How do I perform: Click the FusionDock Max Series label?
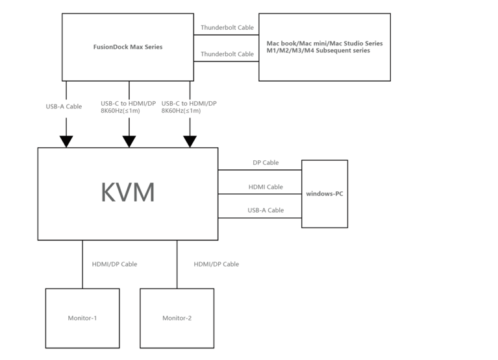pyautogui.click(x=127, y=47)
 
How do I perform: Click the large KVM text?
pyautogui.click(x=128, y=193)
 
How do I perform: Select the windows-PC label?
pyautogui.click(x=324, y=193)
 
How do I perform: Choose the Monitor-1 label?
pyautogui.click(x=82, y=318)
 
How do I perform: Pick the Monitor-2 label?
pyautogui.click(x=177, y=318)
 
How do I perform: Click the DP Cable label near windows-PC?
pyautogui.click(x=266, y=163)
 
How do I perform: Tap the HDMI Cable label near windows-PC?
pyautogui.click(x=266, y=187)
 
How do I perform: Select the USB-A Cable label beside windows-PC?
pyautogui.click(x=266, y=210)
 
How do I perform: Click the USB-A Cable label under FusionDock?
pyautogui.click(x=64, y=106)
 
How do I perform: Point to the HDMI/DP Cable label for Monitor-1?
pyautogui.click(x=114, y=264)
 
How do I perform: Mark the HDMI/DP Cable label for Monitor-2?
pyautogui.click(x=216, y=264)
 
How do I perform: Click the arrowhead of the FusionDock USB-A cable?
pyautogui.click(x=66, y=141)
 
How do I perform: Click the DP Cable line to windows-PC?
pyautogui.click(x=260, y=170)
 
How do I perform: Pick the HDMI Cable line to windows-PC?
pyautogui.click(x=260, y=193)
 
